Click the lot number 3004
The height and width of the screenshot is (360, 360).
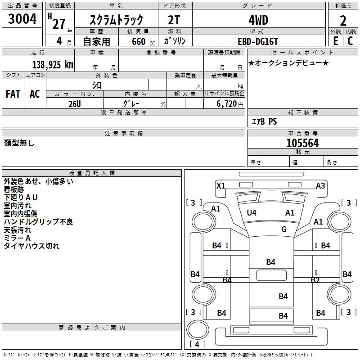click(x=22, y=19)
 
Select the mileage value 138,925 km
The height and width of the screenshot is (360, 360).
click(x=53, y=64)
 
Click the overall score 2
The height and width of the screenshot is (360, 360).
click(x=343, y=21)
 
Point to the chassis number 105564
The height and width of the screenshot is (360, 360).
click(x=302, y=143)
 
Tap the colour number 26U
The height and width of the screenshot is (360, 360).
click(x=74, y=104)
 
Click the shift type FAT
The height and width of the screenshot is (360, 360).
click(x=13, y=94)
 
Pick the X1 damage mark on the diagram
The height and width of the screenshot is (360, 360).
click(x=221, y=185)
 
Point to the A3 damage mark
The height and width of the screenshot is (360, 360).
click(x=320, y=185)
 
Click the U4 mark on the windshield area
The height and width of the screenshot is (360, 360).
click(x=252, y=213)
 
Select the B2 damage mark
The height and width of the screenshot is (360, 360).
click(x=315, y=280)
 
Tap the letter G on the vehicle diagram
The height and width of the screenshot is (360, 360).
click(x=284, y=229)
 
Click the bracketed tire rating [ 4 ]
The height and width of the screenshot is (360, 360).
click(x=198, y=344)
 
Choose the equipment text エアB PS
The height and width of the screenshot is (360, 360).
click(x=264, y=121)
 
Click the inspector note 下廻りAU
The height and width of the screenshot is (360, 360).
click(x=21, y=198)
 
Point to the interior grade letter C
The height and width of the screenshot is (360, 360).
click(x=350, y=40)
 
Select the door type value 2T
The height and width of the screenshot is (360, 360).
click(x=174, y=20)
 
